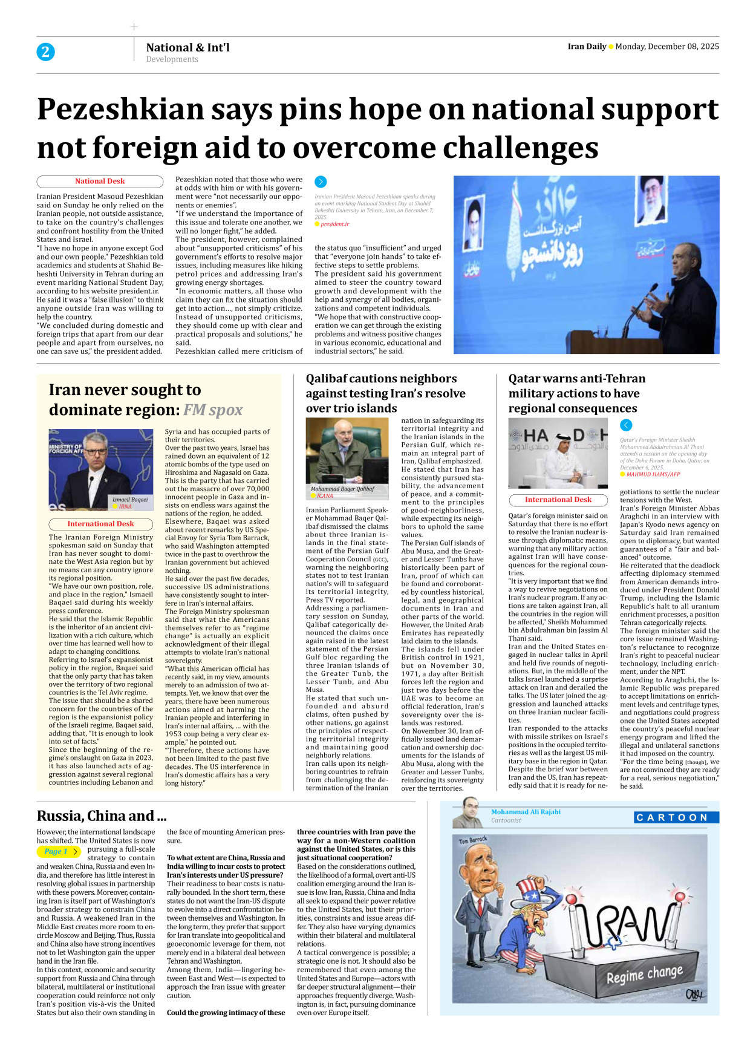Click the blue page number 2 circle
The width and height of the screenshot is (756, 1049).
45,52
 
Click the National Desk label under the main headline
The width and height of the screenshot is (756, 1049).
100,181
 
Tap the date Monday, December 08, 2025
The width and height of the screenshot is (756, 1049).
667,47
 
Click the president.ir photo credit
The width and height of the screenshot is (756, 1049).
334,224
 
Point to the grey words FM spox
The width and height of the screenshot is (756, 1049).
213,410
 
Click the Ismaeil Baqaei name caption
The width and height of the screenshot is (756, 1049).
130,500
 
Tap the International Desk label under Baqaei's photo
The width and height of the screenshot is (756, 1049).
100,524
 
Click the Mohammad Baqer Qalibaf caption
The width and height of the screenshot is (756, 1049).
342,489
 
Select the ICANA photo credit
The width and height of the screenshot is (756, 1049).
325,496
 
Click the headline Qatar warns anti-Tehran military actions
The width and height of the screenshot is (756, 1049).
576,393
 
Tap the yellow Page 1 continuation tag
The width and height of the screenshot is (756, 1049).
58,852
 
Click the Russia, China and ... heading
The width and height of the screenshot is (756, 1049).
102,816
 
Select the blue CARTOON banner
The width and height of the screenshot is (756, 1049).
676,818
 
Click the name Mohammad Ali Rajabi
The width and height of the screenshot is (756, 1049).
526,812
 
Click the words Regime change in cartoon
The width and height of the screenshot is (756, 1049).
644,975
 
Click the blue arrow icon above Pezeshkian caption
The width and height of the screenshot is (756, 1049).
321,181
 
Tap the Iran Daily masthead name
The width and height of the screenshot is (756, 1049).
587,47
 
